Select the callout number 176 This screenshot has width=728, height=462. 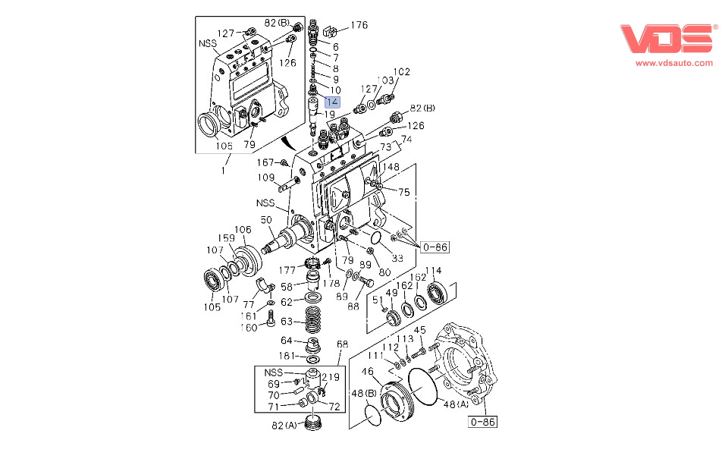tap(359, 25)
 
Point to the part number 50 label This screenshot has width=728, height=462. tap(266, 220)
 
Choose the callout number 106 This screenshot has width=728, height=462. tap(242, 230)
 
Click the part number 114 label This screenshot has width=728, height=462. tap(433, 271)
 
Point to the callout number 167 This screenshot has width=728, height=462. tap(265, 162)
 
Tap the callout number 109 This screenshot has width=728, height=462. tap(265, 178)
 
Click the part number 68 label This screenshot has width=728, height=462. tap(342, 344)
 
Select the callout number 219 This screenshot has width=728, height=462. tap(330, 377)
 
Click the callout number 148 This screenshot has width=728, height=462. tap(390, 168)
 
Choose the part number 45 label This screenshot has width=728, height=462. tap(419, 330)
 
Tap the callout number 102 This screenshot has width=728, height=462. tap(401, 72)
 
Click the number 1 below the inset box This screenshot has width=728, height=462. tap(223, 171)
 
